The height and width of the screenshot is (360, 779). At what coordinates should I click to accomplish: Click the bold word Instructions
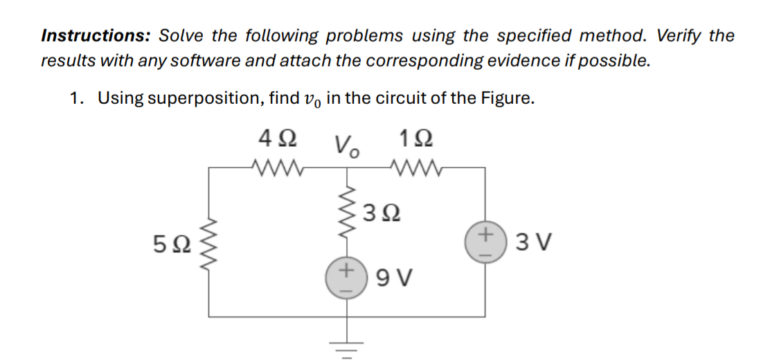(x=96, y=35)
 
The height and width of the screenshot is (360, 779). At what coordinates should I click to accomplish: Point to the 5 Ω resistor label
(x=170, y=244)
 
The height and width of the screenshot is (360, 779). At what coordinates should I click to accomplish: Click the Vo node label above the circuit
(x=347, y=145)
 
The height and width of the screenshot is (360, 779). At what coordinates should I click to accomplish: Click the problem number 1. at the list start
(x=78, y=98)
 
